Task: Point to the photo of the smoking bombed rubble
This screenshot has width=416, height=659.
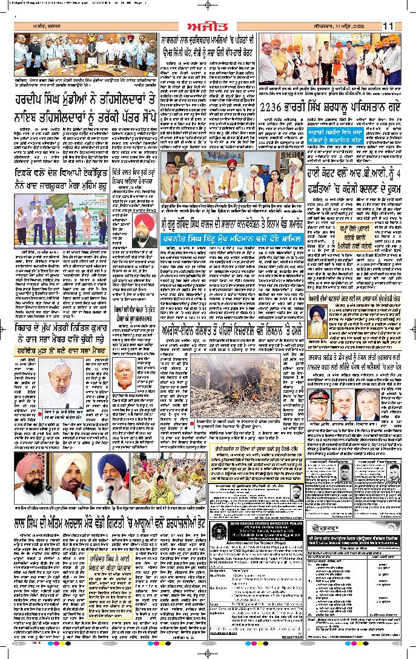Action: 223,393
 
